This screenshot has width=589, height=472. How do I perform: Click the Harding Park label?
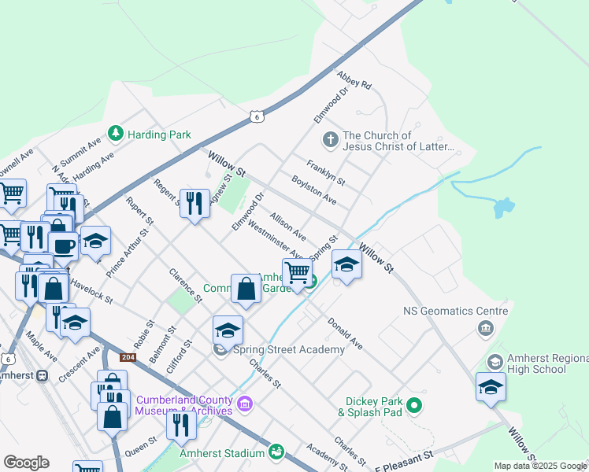point(160,135)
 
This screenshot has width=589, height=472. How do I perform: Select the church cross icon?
point(331,141)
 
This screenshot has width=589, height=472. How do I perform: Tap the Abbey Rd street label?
point(354,79)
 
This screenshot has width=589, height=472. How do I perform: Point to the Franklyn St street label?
point(326,173)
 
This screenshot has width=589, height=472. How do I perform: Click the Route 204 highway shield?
point(128,357)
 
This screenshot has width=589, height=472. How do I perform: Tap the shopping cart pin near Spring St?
point(297,272)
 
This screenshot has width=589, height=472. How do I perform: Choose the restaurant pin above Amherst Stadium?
point(182,425)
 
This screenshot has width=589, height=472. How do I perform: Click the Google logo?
point(26,463)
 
